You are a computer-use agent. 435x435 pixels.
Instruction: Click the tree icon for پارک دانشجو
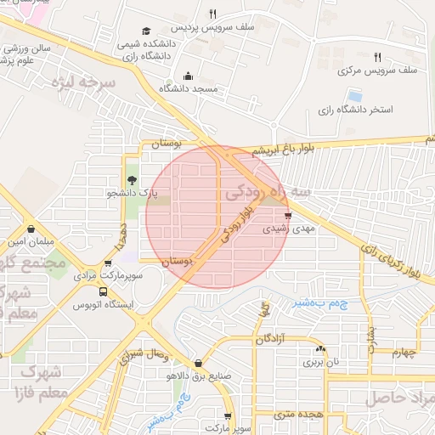click(132, 180)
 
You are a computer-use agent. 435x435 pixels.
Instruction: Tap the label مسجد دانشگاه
click(194, 88)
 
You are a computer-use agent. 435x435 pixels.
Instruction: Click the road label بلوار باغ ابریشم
click(289, 150)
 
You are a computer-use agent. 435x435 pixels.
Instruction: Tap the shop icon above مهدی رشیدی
click(289, 215)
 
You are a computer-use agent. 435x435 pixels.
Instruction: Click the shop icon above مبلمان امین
click(31, 229)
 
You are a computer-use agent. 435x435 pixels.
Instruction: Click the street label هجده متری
click(294, 413)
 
